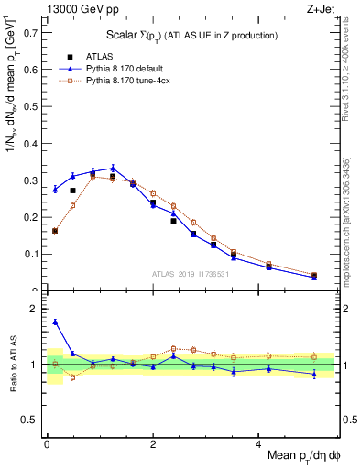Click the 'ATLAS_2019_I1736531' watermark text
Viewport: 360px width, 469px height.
click(x=191, y=274)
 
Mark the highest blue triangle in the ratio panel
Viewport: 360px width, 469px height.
click(x=55, y=322)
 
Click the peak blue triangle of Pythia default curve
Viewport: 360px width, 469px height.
click(x=113, y=168)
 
